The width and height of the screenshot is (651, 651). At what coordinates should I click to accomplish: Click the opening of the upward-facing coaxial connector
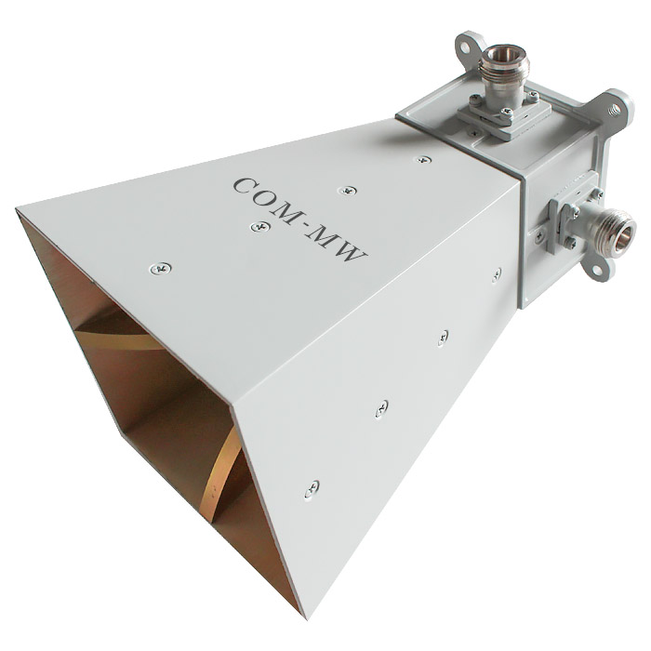click(500, 55)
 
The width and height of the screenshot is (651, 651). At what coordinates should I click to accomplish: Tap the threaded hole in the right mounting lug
click(616, 110)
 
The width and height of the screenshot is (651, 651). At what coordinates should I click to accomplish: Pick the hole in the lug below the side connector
click(596, 271)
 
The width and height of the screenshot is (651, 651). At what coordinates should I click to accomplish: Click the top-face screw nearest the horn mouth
click(160, 269)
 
